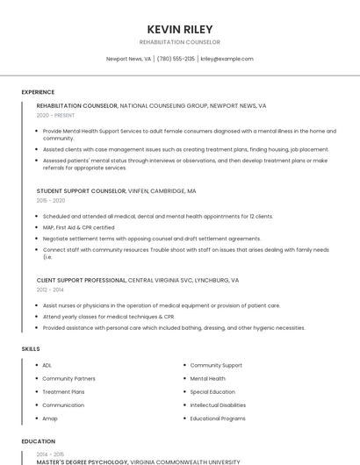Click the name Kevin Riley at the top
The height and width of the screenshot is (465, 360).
(179, 29)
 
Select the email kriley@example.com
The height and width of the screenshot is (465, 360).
(227, 59)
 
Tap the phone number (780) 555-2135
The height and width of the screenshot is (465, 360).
(176, 59)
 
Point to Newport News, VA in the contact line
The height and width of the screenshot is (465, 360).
(128, 59)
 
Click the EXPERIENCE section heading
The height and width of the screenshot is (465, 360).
(38, 92)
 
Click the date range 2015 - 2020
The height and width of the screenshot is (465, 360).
(51, 200)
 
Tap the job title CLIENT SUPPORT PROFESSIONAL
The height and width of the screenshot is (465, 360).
(82, 280)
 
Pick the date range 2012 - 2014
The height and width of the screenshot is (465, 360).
(50, 290)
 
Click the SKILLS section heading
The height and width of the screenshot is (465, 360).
(31, 349)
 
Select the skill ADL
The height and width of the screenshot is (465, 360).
(47, 365)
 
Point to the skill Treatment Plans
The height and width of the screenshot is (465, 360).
(63, 392)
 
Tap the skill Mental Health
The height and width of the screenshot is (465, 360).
(207, 378)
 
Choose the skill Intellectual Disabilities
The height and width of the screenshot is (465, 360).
(218, 405)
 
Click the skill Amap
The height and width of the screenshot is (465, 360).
(50, 418)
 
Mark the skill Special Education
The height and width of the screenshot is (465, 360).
(212, 392)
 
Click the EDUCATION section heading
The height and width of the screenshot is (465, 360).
(39, 441)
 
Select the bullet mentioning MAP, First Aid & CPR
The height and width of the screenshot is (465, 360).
(79, 227)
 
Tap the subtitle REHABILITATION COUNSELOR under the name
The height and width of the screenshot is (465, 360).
(179, 42)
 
